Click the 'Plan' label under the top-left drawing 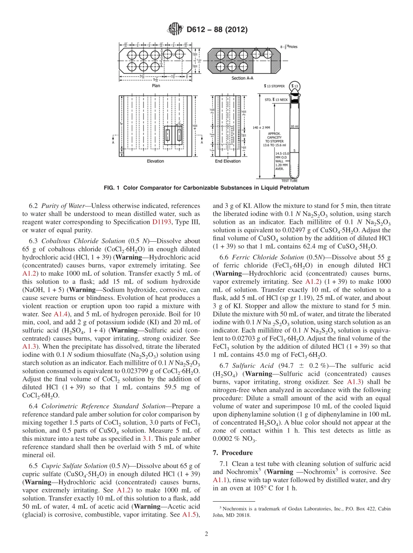155,86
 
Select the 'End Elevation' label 228,161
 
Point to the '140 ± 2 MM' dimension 261,127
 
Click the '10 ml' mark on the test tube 294,126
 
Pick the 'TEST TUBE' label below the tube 291,180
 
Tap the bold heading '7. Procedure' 233,453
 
